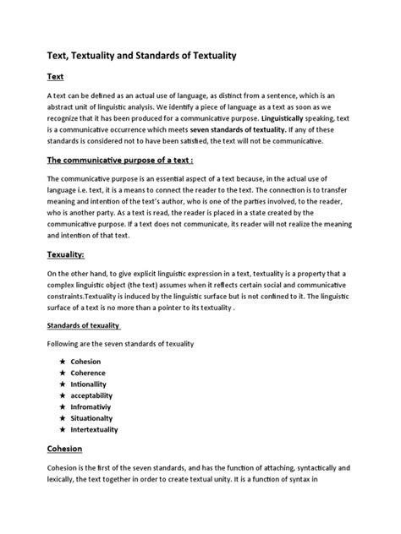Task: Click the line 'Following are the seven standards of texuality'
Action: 120,344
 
